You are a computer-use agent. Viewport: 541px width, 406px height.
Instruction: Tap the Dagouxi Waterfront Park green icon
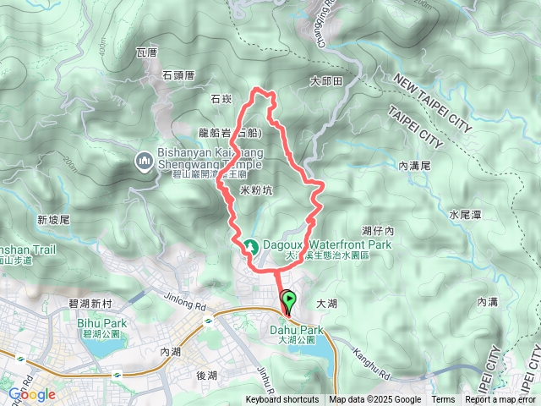[251, 247]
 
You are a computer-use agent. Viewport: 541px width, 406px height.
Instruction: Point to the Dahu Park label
[297, 330]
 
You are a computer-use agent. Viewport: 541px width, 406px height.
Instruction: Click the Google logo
[32, 394]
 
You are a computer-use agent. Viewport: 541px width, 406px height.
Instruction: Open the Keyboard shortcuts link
[282, 400]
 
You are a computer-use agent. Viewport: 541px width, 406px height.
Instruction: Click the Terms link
[443, 400]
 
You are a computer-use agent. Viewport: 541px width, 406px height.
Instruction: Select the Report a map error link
[500, 400]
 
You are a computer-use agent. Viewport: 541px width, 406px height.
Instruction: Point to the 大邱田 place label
[326, 82]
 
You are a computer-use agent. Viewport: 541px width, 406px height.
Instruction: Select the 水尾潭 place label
[465, 216]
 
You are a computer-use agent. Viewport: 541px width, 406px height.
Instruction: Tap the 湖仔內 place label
[378, 230]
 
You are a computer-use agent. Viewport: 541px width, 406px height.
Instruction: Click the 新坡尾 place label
[52, 220]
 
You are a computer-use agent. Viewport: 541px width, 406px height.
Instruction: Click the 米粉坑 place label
[256, 191]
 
